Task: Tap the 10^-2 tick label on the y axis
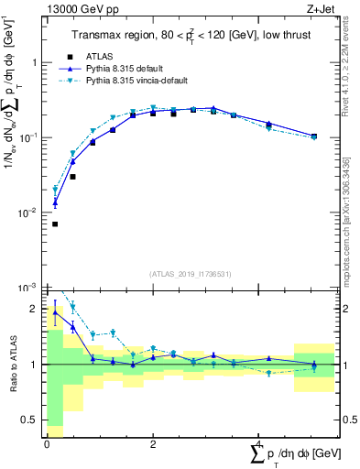pyautogui.click(x=31, y=213)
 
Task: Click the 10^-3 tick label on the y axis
pyautogui.click(x=31, y=288)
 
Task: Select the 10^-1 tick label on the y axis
pyautogui.click(x=31, y=138)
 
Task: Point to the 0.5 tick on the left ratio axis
pyautogui.click(x=31, y=421)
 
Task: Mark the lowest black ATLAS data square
pyautogui.click(x=55, y=224)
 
